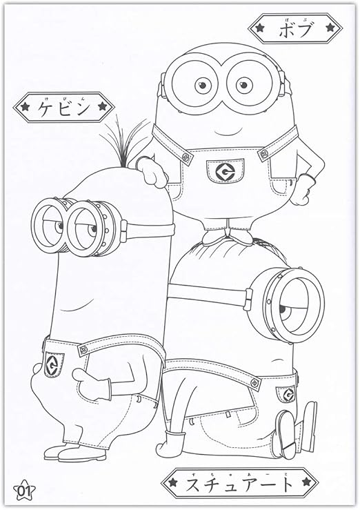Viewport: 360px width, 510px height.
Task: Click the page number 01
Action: click(25, 491)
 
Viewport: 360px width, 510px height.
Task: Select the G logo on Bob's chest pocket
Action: click(223, 170)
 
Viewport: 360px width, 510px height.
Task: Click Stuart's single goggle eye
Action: click(298, 302)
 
